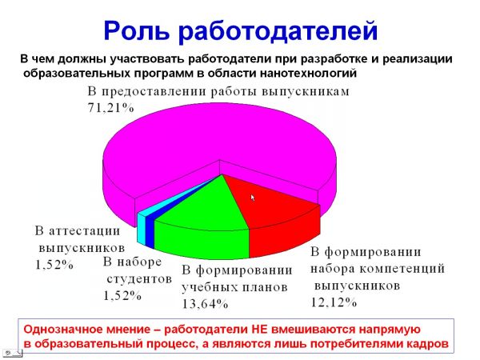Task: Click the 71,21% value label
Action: tap(111, 108)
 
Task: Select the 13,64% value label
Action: tap(205, 304)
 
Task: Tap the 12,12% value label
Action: tap(334, 302)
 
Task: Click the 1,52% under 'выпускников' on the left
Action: tap(54, 265)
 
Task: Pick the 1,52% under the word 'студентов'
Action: tap(122, 295)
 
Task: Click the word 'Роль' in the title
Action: tap(136, 30)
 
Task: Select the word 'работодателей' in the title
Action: tap(278, 31)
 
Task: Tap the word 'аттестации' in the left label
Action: tap(84, 230)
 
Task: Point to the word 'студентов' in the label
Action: tap(139, 278)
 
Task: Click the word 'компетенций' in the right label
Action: tap(402, 269)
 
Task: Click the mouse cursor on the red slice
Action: tap(253, 198)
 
